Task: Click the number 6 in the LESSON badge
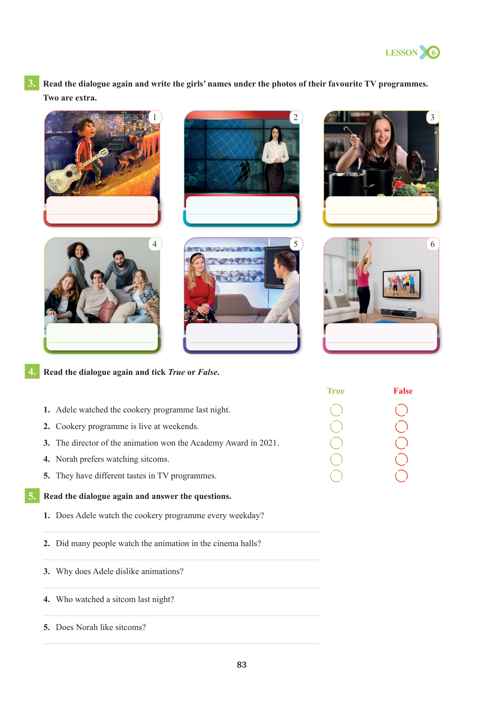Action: pyautogui.click(x=433, y=52)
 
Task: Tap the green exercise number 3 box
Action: pyautogui.click(x=31, y=83)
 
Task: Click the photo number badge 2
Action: pyautogui.click(x=296, y=117)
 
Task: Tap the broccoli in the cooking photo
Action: pyautogui.click(x=408, y=190)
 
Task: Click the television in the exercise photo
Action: pyautogui.click(x=402, y=284)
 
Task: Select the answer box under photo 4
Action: pyautogui.click(x=102, y=336)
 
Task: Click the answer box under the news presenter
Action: pyautogui.click(x=241, y=210)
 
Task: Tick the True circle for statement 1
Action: pyautogui.click(x=336, y=410)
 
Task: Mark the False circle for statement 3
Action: pyautogui.click(x=402, y=443)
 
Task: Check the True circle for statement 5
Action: pyautogui.click(x=336, y=476)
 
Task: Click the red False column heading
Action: pyautogui.click(x=403, y=391)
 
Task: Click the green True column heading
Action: pyautogui.click(x=335, y=391)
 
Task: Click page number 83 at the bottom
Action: pyautogui.click(x=241, y=664)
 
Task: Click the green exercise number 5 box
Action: pyautogui.click(x=32, y=496)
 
